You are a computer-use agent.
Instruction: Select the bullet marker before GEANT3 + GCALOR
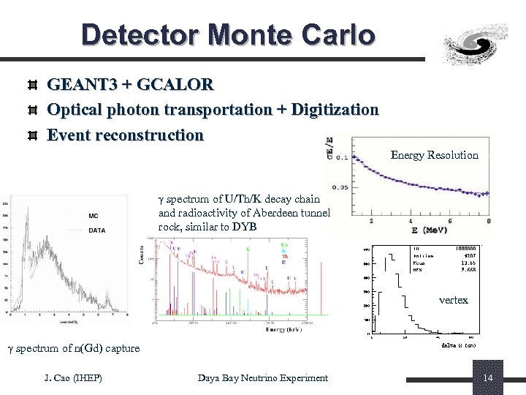tap(31, 86)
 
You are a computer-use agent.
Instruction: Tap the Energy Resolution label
tap(434, 155)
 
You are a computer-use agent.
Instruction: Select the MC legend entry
tap(94, 215)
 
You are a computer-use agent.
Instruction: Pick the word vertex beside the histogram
tap(453, 300)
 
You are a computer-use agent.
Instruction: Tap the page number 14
tap(489, 377)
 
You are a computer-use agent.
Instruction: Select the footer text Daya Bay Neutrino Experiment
tap(263, 377)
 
